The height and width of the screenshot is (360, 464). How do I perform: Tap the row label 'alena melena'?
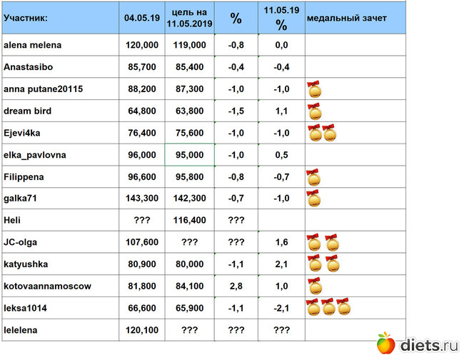[33, 46]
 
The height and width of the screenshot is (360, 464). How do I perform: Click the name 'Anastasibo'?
[29, 68]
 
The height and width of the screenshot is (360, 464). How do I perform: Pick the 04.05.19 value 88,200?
[142, 89]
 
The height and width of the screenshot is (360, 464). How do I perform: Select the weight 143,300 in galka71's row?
[142, 199]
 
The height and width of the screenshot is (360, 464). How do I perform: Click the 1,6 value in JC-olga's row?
[281, 243]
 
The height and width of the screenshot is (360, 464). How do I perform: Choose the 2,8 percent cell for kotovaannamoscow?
[236, 286]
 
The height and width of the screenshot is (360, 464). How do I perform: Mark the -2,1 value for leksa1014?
[281, 308]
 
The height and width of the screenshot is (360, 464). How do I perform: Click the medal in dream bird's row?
[314, 111]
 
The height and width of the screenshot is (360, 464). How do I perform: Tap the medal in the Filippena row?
[313, 177]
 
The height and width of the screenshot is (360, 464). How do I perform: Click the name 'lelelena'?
[23, 330]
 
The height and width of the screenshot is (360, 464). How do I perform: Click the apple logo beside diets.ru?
[385, 344]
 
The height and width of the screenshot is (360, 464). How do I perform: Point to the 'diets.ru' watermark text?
[427, 345]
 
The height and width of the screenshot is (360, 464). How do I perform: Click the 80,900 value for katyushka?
[142, 264]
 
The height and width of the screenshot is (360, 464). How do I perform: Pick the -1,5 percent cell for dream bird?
[236, 111]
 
